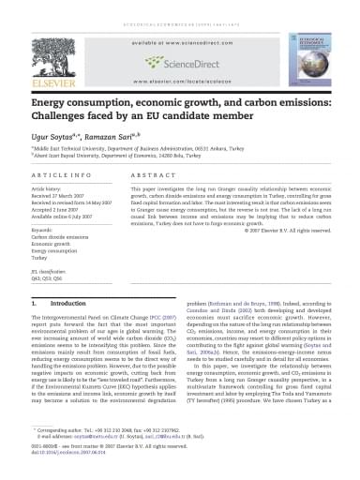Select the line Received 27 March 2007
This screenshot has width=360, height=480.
click(x=58, y=195)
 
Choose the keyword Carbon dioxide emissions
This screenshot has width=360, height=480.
click(x=61, y=235)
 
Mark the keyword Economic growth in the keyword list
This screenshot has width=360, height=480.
click(x=52, y=242)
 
